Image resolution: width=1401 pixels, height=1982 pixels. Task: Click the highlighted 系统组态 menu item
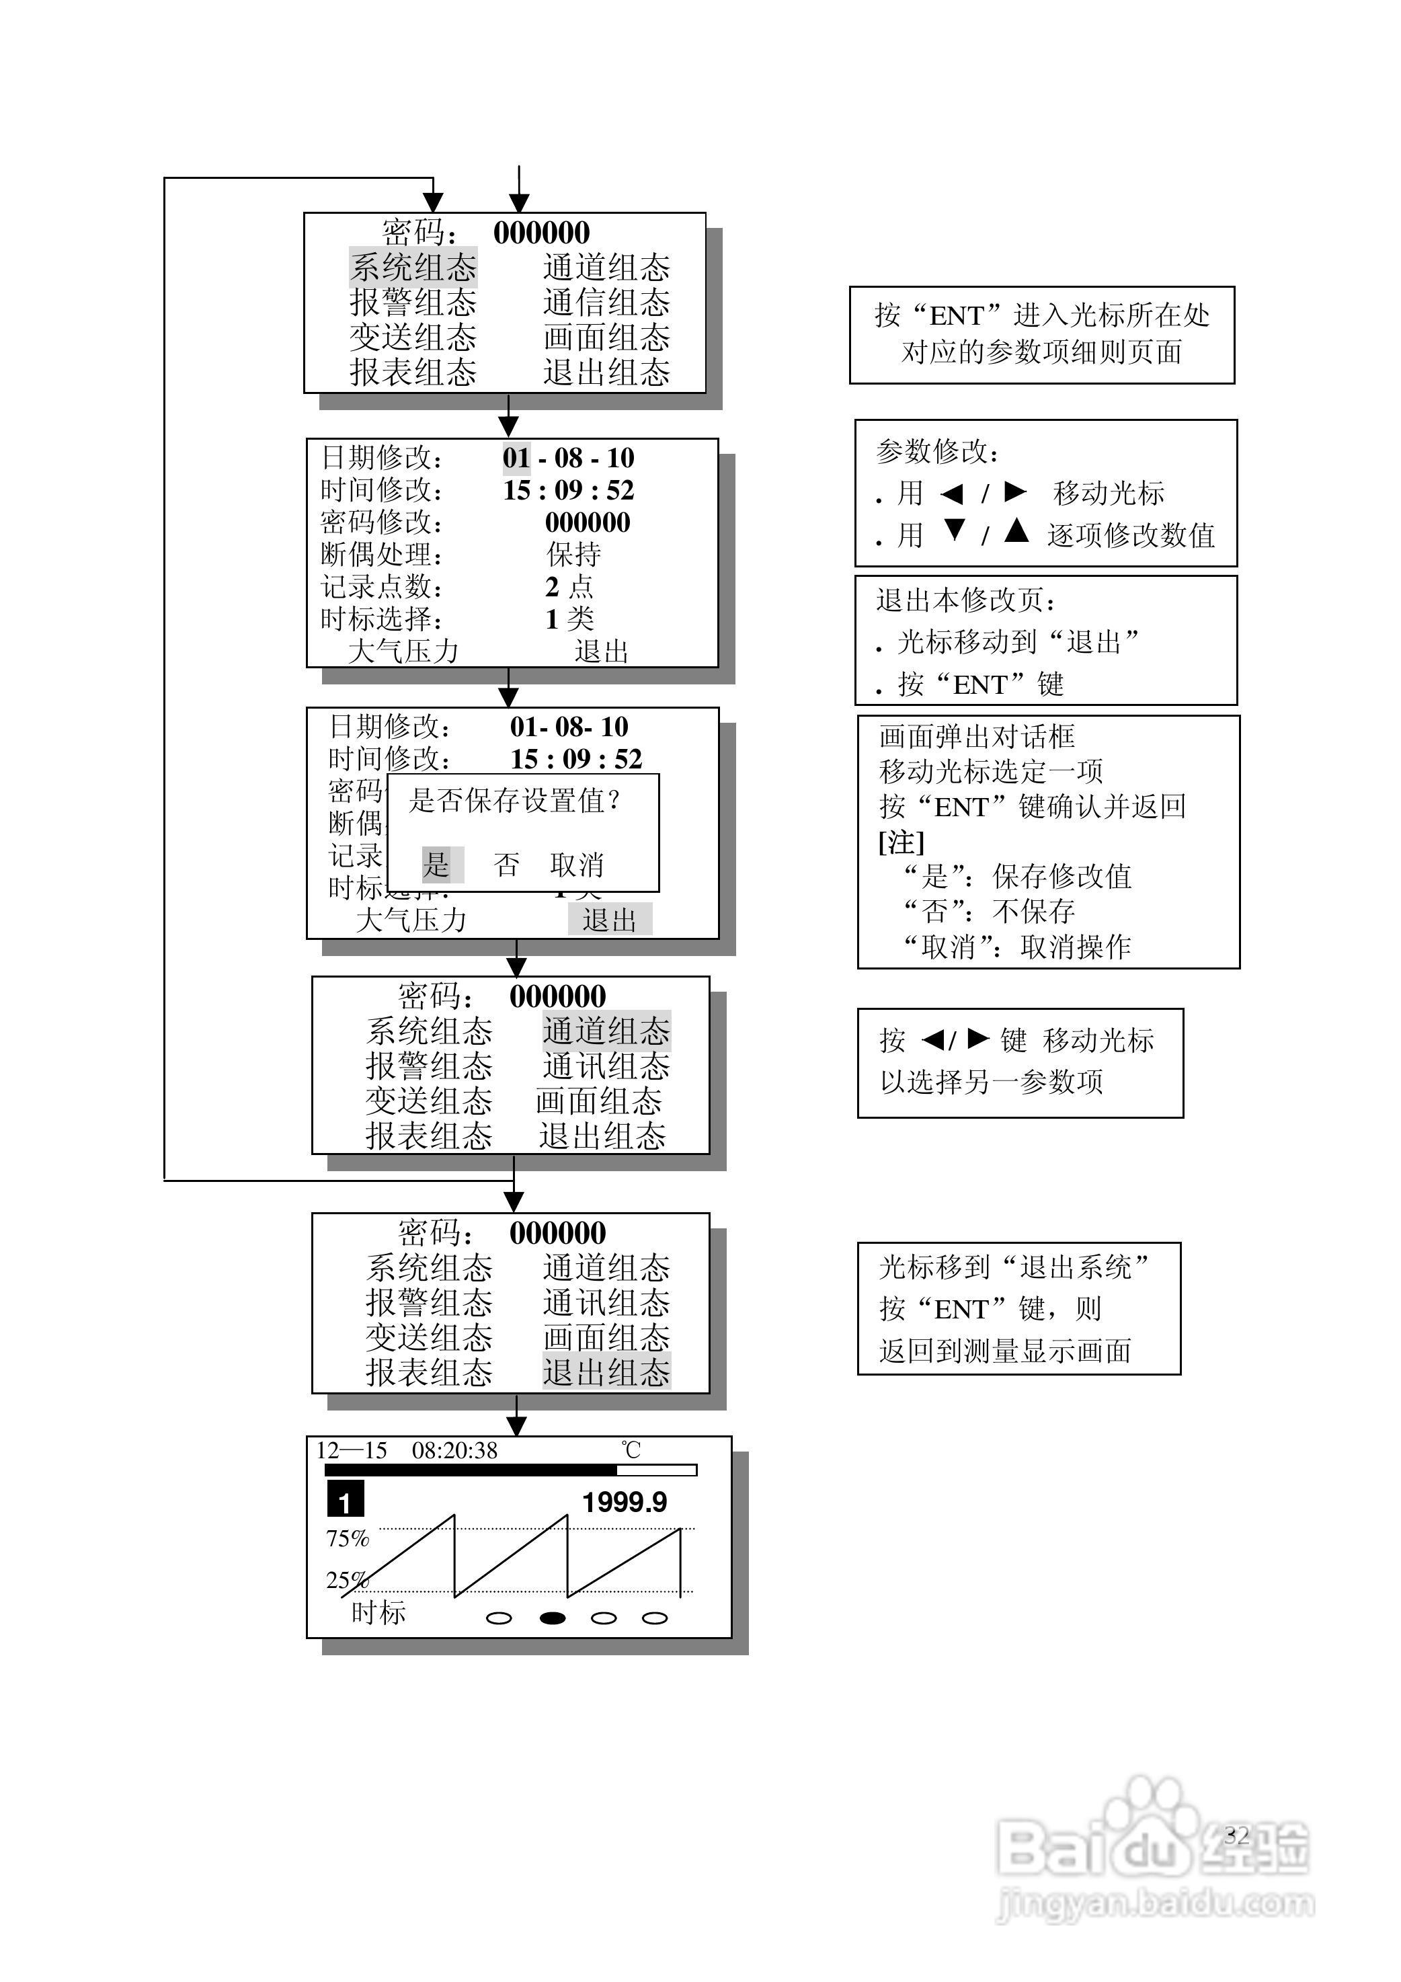pyautogui.click(x=413, y=268)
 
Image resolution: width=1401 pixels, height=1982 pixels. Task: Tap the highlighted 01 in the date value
pyautogui.click(x=516, y=458)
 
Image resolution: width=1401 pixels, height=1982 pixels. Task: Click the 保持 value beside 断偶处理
pyautogui.click(x=574, y=554)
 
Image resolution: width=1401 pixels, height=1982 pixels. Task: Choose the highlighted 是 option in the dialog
pyautogui.click(x=438, y=864)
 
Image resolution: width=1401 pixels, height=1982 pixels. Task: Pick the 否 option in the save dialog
pyautogui.click(x=507, y=864)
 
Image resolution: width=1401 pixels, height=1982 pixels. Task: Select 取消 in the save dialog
pyautogui.click(x=577, y=864)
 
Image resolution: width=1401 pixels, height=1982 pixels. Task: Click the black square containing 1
pyautogui.click(x=346, y=1499)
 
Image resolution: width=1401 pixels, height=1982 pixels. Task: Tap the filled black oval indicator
pyautogui.click(x=553, y=1618)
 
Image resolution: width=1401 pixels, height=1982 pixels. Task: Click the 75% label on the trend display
pyautogui.click(x=347, y=1539)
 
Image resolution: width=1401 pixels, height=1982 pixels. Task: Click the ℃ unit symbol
pyautogui.click(x=631, y=1450)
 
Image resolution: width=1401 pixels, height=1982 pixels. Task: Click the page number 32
pyautogui.click(x=1236, y=1834)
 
